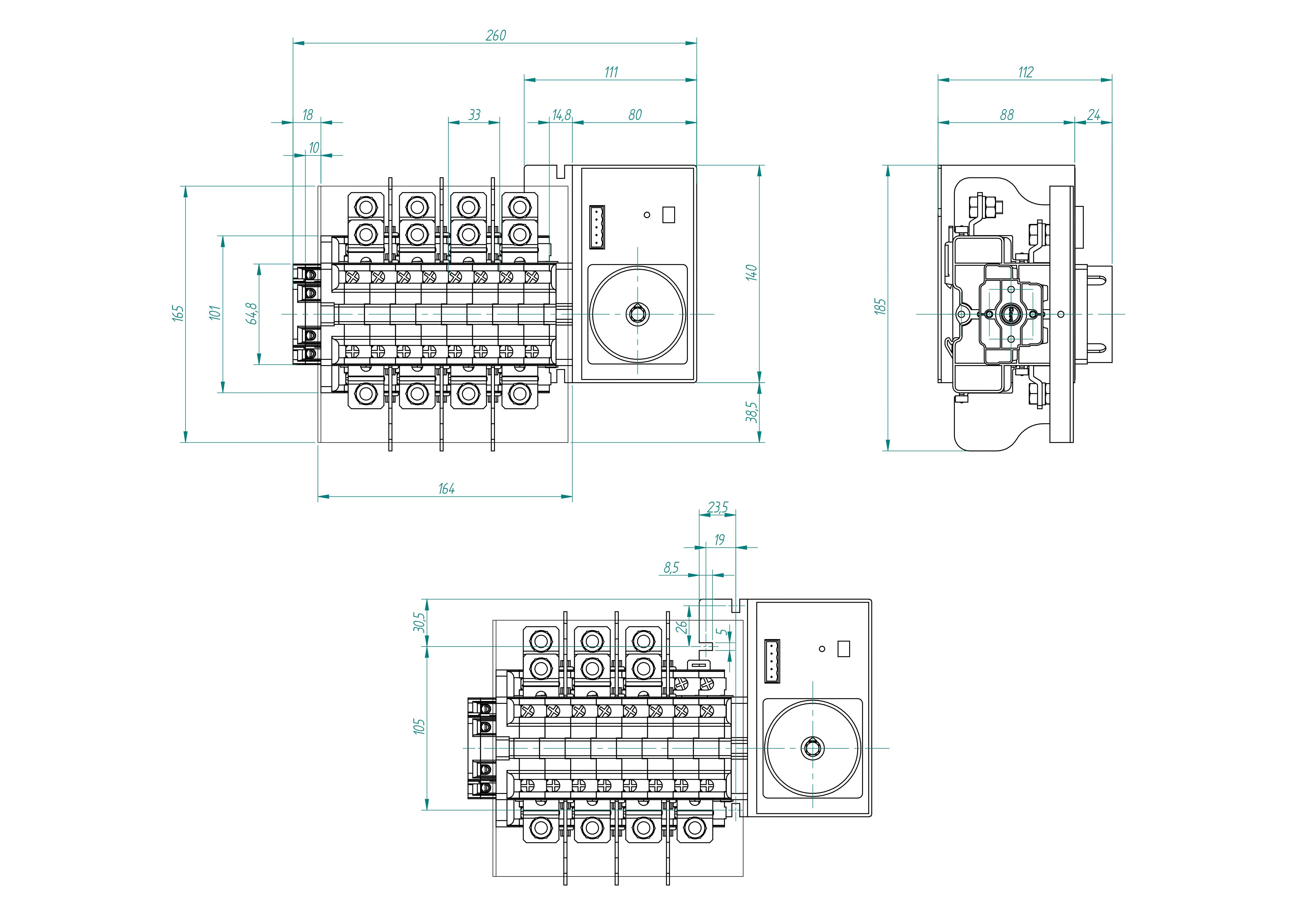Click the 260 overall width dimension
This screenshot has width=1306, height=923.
pyautogui.click(x=496, y=35)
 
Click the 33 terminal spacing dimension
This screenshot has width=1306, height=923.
pyautogui.click(x=474, y=115)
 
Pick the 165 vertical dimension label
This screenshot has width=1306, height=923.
pyautogui.click(x=178, y=313)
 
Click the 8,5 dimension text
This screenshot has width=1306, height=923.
pyautogui.click(x=671, y=568)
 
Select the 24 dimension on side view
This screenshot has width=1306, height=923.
pyautogui.click(x=1093, y=115)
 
